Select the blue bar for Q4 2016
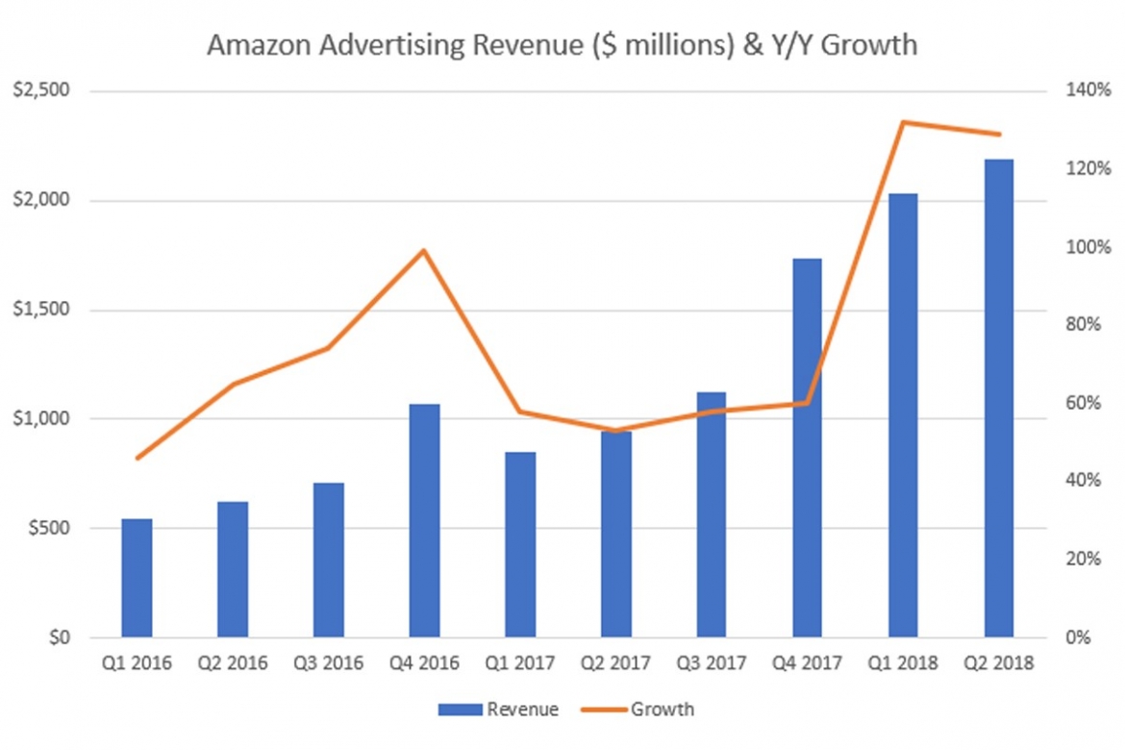[x=424, y=520]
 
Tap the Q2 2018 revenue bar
[x=998, y=398]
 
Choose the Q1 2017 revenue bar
[x=520, y=544]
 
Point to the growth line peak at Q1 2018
[x=903, y=122]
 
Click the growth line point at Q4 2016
[x=424, y=251]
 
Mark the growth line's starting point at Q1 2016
[x=137, y=458]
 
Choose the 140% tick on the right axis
[x=1084, y=91]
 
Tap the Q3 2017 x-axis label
[x=711, y=663]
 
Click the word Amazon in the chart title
[x=248, y=45]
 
